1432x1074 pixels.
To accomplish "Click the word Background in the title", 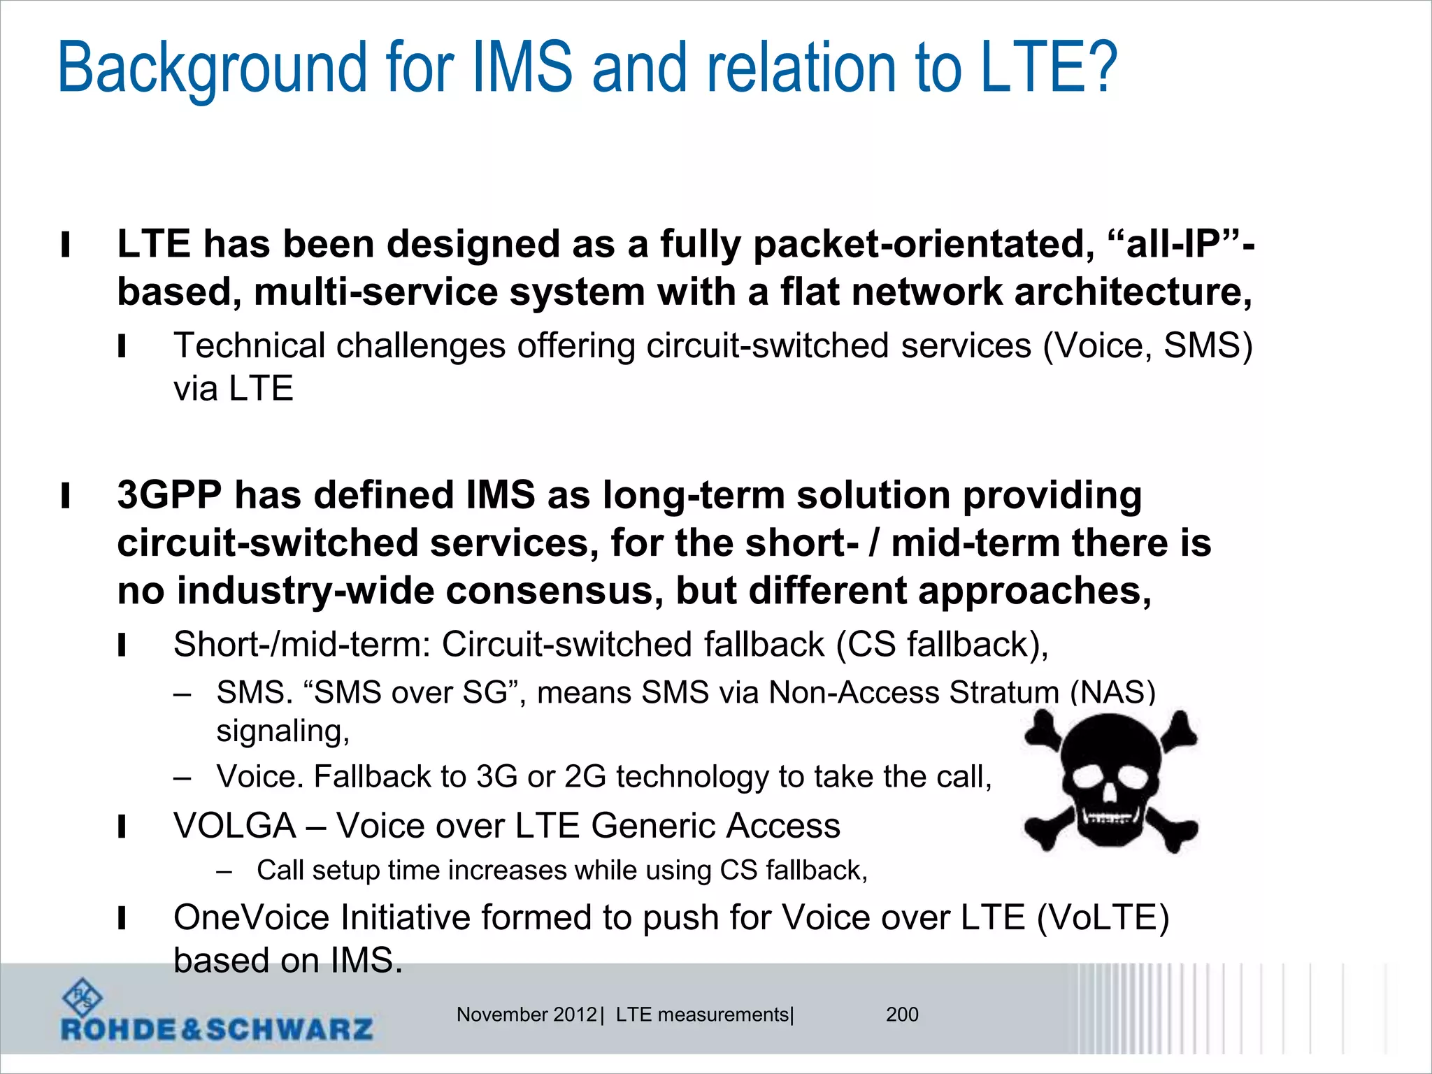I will [x=212, y=69].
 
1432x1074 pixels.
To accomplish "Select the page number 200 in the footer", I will [x=902, y=1015].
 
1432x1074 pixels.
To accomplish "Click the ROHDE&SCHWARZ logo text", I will [x=217, y=1029].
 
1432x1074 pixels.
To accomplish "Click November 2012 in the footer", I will [x=527, y=1015].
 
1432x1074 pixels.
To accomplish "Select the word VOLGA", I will [x=234, y=826].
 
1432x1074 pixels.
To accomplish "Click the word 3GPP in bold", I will [x=169, y=495].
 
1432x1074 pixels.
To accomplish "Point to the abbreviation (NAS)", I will [x=1112, y=692].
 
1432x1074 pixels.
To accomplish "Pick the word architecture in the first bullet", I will [x=1133, y=292].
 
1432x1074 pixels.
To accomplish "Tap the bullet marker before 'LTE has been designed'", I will [x=66, y=245].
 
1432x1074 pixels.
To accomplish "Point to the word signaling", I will [x=282, y=731].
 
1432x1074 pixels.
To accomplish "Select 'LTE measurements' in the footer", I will [x=702, y=1015].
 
